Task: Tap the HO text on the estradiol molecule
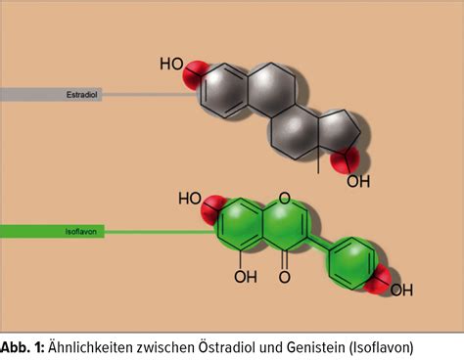(x=172, y=66)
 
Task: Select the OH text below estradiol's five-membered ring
(x=358, y=181)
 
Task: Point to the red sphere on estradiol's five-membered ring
(x=343, y=159)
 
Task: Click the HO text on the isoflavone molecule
(x=191, y=200)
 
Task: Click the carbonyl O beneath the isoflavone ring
(x=284, y=278)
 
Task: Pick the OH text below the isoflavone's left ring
(x=245, y=278)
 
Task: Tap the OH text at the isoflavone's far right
(x=402, y=290)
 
